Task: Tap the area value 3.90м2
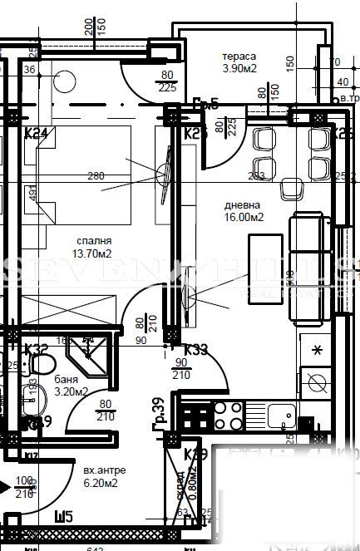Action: pos(239,69)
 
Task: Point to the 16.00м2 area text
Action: pos(244,218)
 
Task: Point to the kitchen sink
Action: pos(280,413)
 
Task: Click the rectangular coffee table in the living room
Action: pos(267,258)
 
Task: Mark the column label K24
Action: pos(35,133)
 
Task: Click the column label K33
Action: pos(196,349)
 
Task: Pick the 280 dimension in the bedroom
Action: pos(96,175)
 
